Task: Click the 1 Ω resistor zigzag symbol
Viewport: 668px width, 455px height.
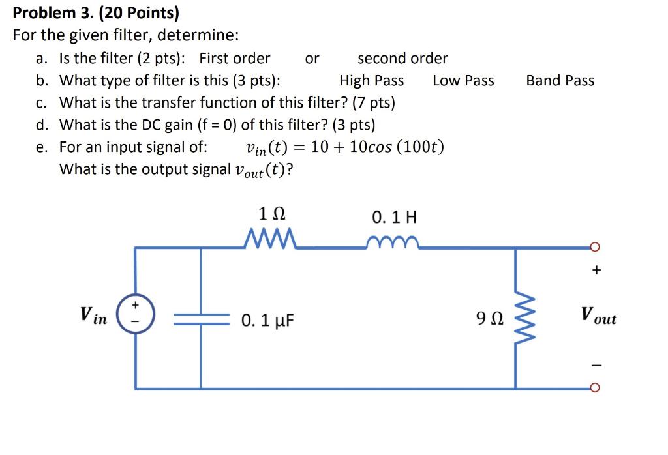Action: point(270,241)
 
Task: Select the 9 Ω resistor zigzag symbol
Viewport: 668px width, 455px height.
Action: point(519,319)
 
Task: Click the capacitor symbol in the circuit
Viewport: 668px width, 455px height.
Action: point(200,319)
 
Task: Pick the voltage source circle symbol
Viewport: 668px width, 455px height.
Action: point(136,318)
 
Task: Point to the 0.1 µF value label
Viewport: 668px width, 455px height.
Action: point(268,320)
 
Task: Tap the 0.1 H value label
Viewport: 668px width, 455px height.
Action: point(394,216)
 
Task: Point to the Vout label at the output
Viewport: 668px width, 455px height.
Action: point(598,318)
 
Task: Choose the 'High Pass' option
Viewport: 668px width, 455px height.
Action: point(371,81)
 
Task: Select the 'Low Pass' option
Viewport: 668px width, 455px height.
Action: point(463,81)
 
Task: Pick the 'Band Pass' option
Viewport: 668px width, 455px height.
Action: point(560,81)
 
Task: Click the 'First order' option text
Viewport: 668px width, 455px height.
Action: point(234,59)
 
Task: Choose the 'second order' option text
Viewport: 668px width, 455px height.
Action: point(402,59)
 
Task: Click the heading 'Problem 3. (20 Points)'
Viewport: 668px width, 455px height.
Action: point(96,13)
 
